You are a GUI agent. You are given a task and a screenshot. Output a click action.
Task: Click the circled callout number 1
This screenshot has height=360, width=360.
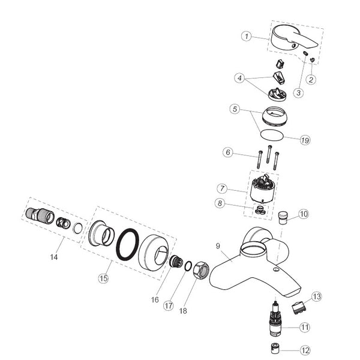click(x=246, y=36)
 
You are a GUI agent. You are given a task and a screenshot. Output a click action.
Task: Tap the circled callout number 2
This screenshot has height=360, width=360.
click(x=311, y=79)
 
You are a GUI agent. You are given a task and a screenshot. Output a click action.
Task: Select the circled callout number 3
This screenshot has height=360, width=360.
click(x=298, y=92)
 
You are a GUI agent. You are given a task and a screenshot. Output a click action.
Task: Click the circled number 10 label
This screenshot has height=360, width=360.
click(x=304, y=213)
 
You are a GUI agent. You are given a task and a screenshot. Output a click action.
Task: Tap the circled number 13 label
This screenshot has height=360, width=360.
click(x=317, y=296)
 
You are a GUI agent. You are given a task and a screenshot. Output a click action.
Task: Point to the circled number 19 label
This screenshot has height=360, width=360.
click(x=305, y=140)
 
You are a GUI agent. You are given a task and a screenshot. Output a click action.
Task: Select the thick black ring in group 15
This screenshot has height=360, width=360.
click(x=128, y=245)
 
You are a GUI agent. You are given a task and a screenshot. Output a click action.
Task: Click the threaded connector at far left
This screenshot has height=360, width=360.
click(x=37, y=214)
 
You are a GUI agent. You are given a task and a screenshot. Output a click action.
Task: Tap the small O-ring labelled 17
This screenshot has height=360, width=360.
click(x=188, y=266)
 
